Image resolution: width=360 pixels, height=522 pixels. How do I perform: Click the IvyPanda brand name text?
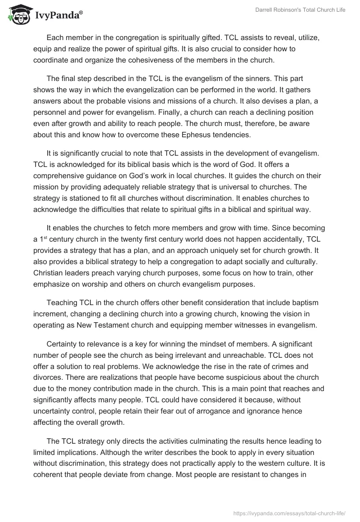tap(57, 15)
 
